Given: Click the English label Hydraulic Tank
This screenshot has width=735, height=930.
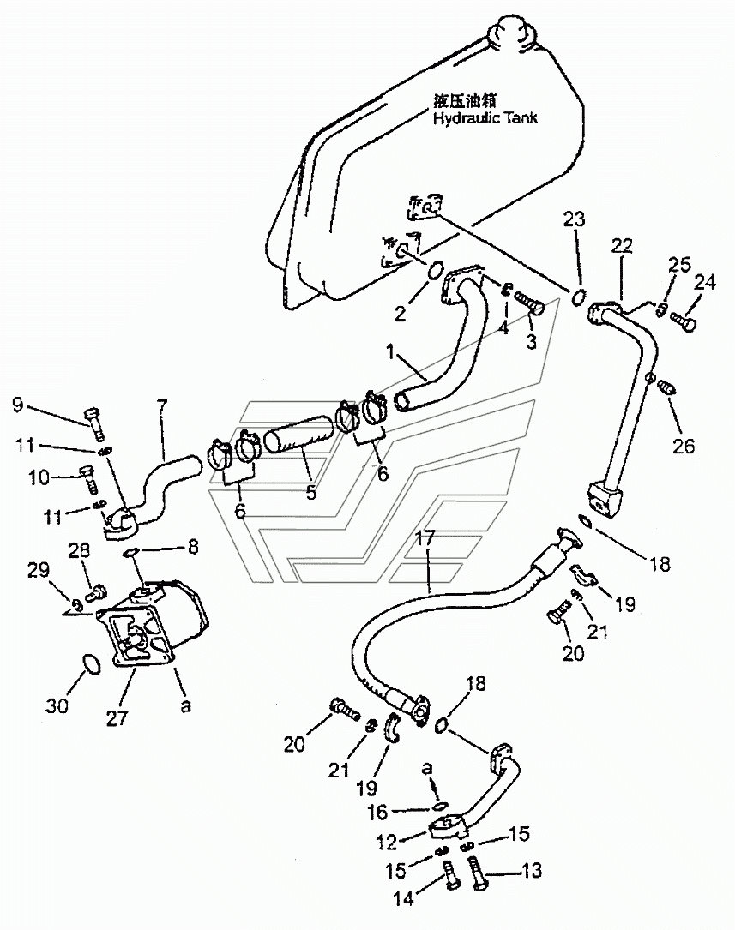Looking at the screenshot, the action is tap(485, 117).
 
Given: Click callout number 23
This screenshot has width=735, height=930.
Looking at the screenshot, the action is tap(574, 219).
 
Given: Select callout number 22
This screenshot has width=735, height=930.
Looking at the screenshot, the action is tap(623, 245).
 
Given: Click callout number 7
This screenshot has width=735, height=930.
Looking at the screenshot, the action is tap(161, 405).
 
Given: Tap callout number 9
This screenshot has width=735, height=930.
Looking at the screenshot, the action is tap(18, 405).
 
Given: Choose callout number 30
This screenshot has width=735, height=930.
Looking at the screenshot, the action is tap(57, 705).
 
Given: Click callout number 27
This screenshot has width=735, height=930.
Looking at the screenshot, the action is tap(117, 717).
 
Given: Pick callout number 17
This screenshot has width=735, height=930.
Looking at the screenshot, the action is tap(425, 537).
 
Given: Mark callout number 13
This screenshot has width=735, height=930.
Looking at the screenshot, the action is tap(531, 870).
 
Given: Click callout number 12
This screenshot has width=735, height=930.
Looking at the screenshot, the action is tap(386, 841).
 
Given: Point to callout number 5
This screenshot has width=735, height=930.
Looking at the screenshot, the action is tap(310, 492).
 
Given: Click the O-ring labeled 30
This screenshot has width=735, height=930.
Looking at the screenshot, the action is tap(90, 663).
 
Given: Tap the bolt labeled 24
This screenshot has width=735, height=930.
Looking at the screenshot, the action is tap(683, 321).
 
